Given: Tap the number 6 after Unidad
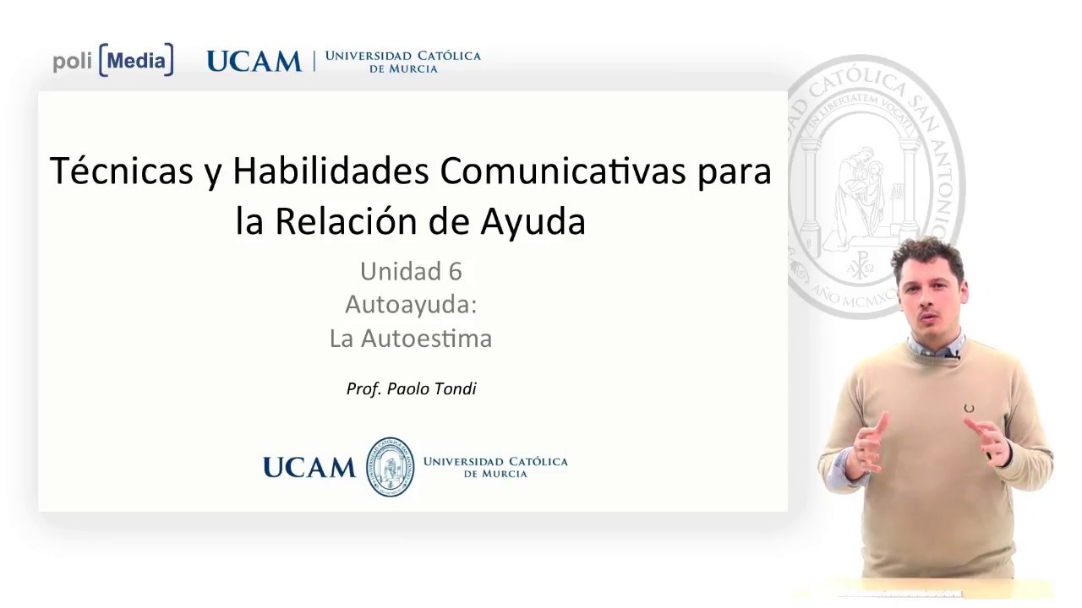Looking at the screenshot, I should pyautogui.click(x=455, y=271).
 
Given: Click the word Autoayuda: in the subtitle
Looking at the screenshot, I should pyautogui.click(x=411, y=304).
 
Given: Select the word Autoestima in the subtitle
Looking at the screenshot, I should pyautogui.click(x=426, y=339).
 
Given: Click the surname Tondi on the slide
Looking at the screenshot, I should pyautogui.click(x=455, y=388).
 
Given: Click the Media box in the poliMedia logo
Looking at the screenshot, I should pyautogui.click(x=136, y=61).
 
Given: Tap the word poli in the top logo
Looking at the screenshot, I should pyautogui.click(x=72, y=62).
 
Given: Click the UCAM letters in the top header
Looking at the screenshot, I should pyautogui.click(x=254, y=62).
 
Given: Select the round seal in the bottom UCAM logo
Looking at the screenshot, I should pyautogui.click(x=390, y=467).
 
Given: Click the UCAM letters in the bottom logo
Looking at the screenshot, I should pyautogui.click(x=309, y=468).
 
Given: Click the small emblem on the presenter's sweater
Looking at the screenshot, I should pyautogui.click(x=969, y=409).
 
